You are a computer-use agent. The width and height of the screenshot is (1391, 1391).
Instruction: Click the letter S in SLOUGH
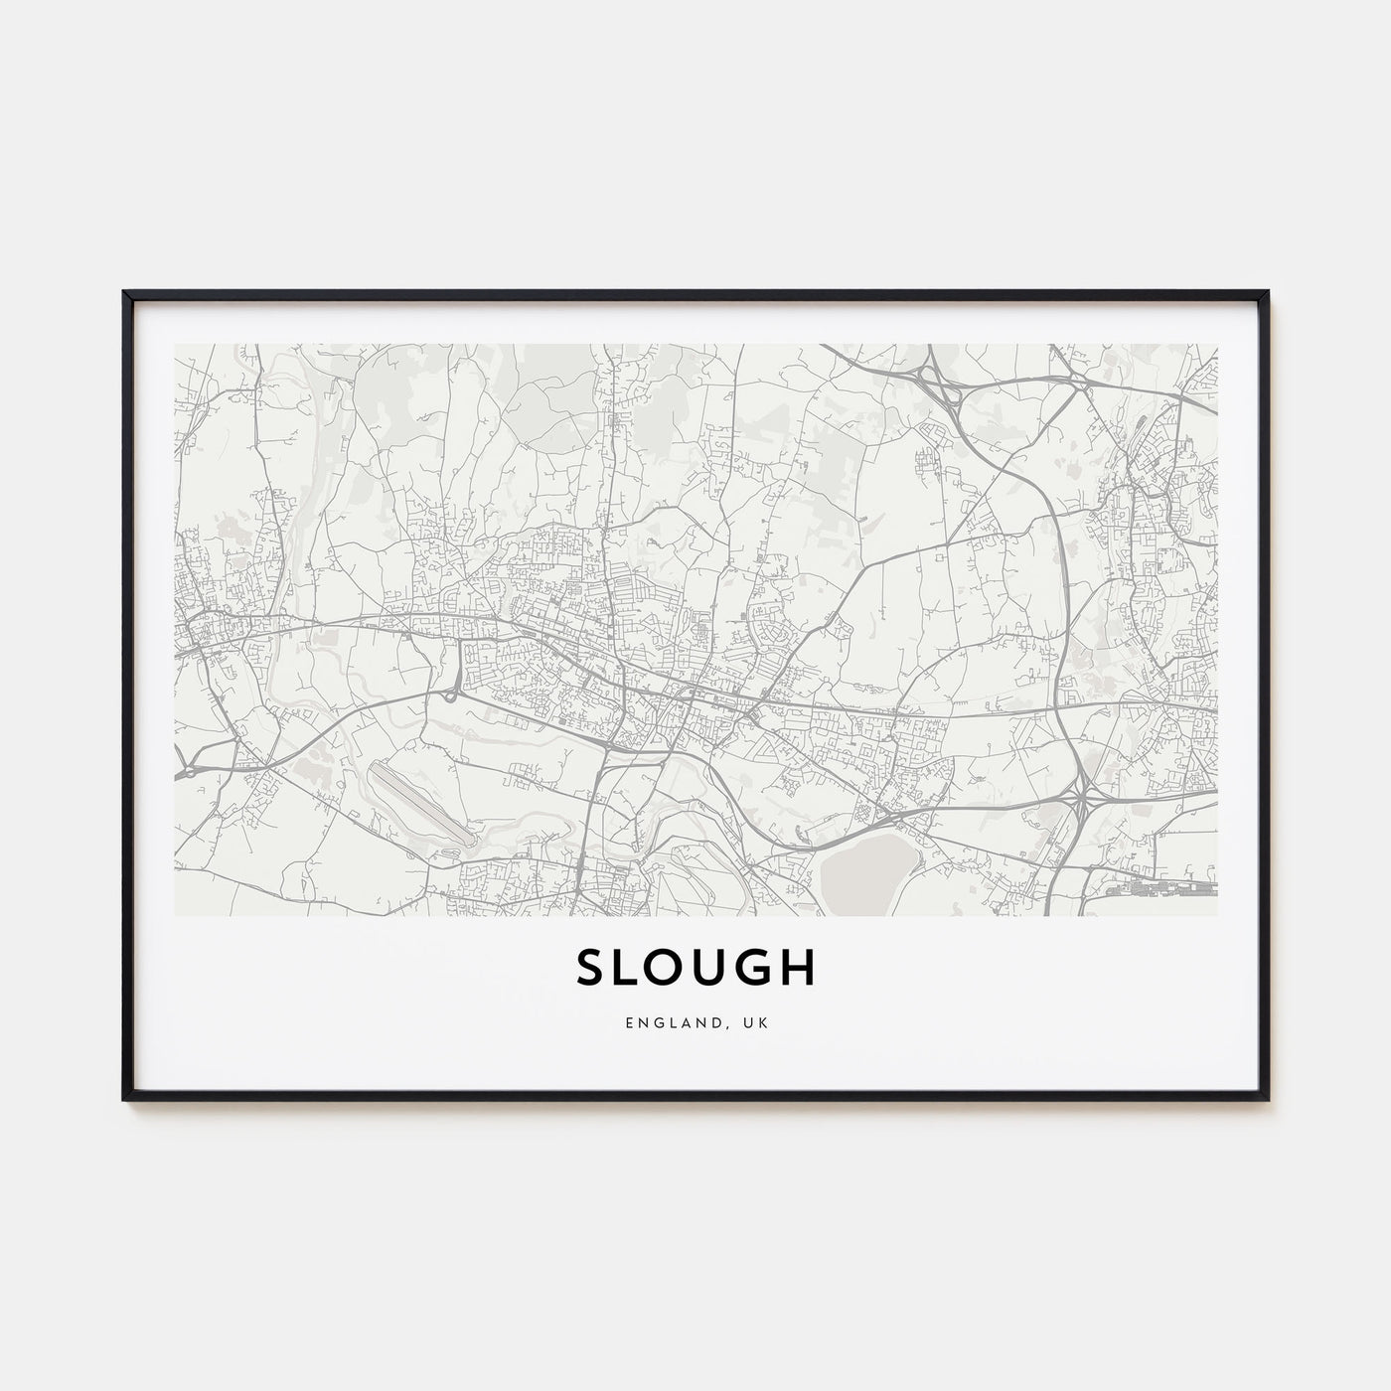pyautogui.click(x=592, y=969)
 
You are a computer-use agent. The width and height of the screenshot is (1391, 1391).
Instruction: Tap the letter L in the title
pyautogui.click(x=630, y=969)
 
